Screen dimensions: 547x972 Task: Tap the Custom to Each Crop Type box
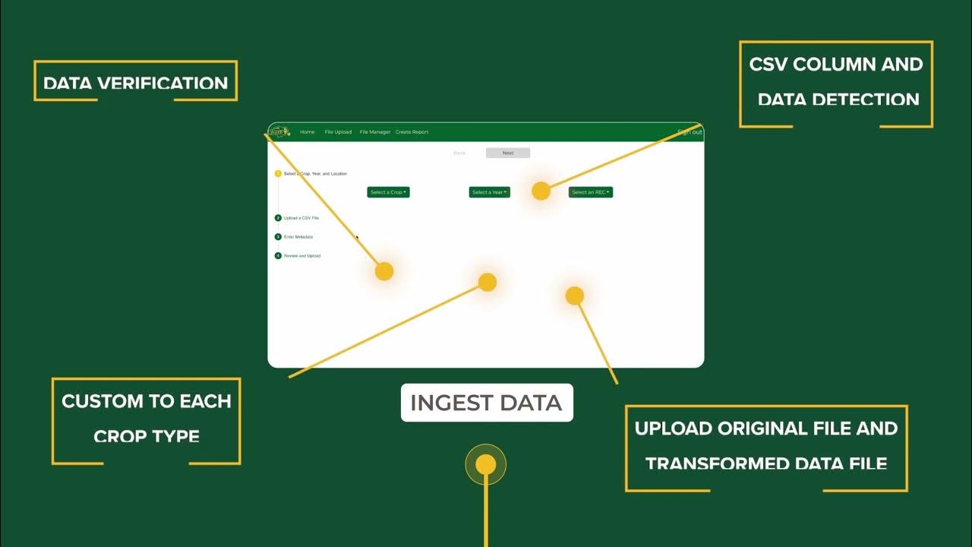tap(146, 419)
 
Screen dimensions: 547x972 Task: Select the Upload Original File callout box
tap(765, 446)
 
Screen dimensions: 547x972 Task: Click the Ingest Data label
tap(486, 403)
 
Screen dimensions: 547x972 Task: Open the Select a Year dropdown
tap(489, 192)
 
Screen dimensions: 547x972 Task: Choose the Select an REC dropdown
tap(590, 192)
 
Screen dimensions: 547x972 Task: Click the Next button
tap(507, 153)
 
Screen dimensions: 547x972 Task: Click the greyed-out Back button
tap(459, 153)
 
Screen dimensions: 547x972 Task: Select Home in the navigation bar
tap(307, 132)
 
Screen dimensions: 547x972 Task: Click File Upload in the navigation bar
tap(338, 132)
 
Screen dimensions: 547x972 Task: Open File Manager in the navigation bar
tap(374, 132)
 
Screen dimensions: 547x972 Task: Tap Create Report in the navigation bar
tap(412, 132)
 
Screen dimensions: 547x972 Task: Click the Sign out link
tap(690, 132)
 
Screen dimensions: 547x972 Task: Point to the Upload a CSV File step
tap(301, 218)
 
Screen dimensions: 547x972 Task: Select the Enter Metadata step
tap(298, 237)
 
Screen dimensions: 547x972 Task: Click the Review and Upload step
tap(301, 256)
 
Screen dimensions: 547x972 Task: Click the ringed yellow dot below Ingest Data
tap(485, 464)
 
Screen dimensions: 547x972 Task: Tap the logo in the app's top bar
tap(279, 131)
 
